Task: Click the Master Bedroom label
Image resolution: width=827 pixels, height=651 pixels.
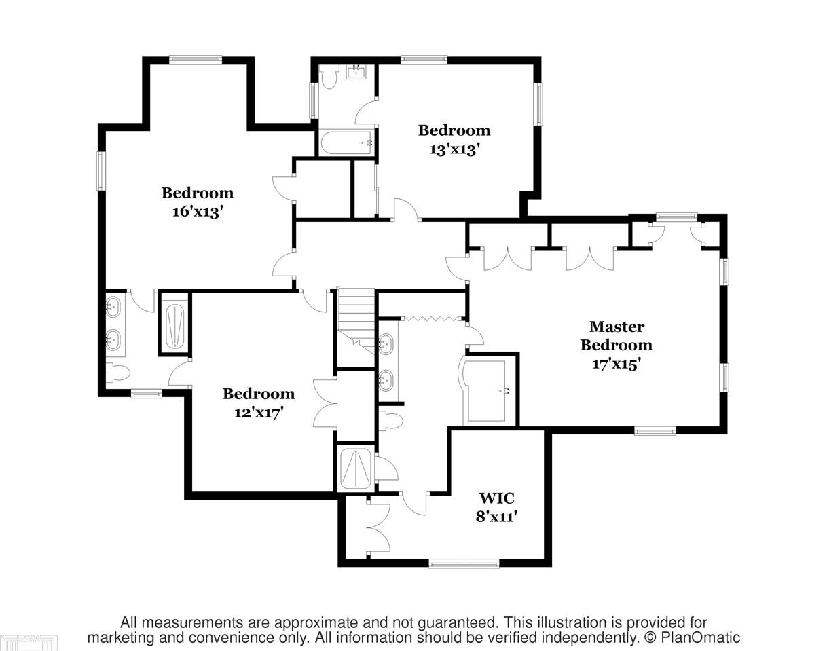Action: pyautogui.click(x=616, y=335)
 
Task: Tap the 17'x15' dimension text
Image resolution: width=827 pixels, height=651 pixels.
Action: pyautogui.click(x=616, y=364)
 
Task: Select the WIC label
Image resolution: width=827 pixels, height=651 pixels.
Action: pyautogui.click(x=496, y=498)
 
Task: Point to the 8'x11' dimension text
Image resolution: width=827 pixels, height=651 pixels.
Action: pyautogui.click(x=496, y=517)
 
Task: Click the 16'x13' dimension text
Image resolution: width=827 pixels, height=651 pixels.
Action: pyautogui.click(x=198, y=211)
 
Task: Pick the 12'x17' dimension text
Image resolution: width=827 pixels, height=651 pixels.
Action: pyautogui.click(x=259, y=413)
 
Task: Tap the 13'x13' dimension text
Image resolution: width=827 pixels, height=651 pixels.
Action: pyautogui.click(x=454, y=149)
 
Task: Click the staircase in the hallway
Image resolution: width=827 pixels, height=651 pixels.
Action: pyautogui.click(x=356, y=321)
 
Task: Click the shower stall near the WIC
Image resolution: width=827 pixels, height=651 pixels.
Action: pyautogui.click(x=356, y=468)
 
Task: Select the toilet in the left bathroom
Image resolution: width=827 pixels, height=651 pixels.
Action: pyautogui.click(x=118, y=373)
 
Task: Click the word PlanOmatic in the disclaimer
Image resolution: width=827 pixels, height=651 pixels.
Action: pyautogui.click(x=700, y=637)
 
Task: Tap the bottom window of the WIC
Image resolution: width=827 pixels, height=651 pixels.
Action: pyautogui.click(x=464, y=564)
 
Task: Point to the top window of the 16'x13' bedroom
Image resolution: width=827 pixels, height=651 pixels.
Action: pyautogui.click(x=196, y=60)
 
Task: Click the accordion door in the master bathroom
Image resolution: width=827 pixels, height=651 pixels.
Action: pyautogui.click(x=432, y=318)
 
